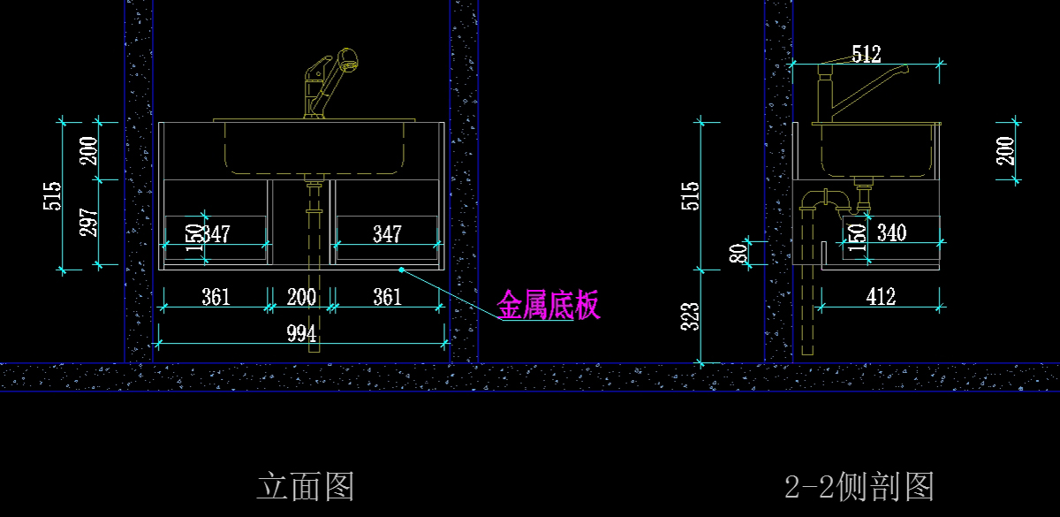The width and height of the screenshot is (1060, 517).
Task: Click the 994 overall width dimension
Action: [x=302, y=333]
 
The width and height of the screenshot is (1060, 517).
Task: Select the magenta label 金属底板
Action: [x=549, y=306]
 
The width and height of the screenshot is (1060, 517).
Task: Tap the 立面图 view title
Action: [x=306, y=486]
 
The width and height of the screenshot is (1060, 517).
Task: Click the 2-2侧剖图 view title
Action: [x=859, y=486]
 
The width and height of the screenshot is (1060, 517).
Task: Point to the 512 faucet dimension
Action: [x=867, y=54]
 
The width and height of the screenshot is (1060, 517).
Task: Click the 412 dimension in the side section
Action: [x=881, y=296]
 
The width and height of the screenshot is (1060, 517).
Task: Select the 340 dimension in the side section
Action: [x=891, y=233]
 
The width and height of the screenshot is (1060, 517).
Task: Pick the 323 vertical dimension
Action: [x=692, y=316]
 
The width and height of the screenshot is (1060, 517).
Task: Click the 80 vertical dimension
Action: [x=743, y=254]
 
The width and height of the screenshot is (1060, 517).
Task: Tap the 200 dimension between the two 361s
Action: [x=302, y=297]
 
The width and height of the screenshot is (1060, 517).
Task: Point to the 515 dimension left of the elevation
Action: [x=52, y=195]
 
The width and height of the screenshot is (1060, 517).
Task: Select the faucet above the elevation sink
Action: [x=327, y=84]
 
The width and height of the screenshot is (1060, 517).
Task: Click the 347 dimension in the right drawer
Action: [x=387, y=234]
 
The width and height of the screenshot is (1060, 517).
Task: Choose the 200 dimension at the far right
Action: [x=1006, y=150]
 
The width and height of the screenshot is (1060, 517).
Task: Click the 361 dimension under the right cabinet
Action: [x=387, y=297]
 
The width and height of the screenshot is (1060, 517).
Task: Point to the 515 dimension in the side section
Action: [x=692, y=195]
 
